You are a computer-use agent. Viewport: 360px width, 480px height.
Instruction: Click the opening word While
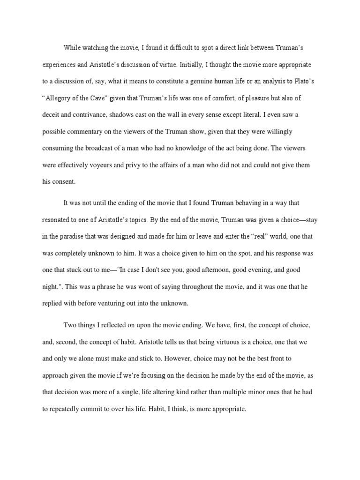click(73, 48)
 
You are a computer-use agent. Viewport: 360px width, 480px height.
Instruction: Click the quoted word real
click(242, 236)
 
